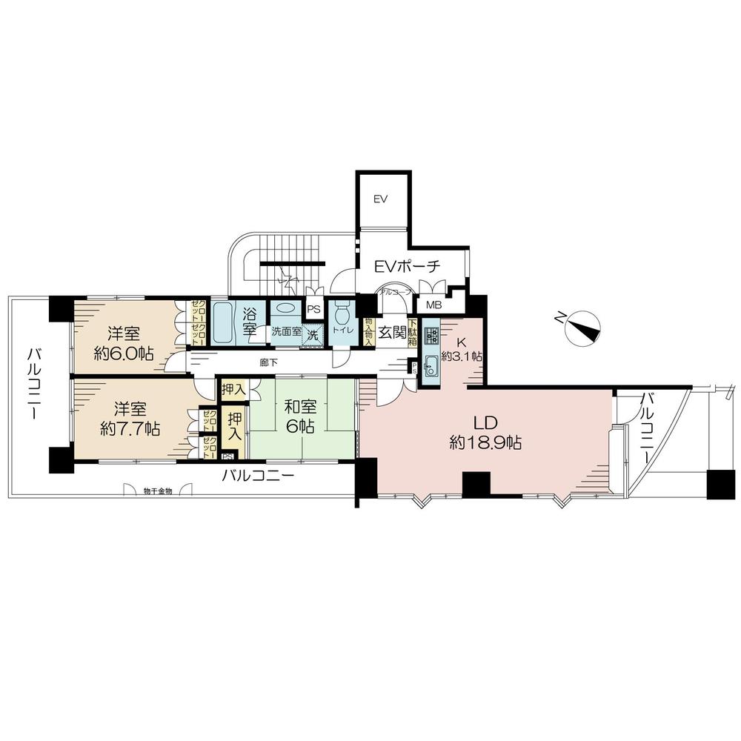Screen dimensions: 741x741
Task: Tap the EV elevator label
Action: (381, 199)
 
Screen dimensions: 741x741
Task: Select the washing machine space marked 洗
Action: (313, 334)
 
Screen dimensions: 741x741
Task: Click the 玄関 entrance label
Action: (392, 333)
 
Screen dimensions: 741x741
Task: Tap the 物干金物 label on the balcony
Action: (158, 491)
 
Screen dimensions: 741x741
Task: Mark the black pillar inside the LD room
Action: (476, 485)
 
